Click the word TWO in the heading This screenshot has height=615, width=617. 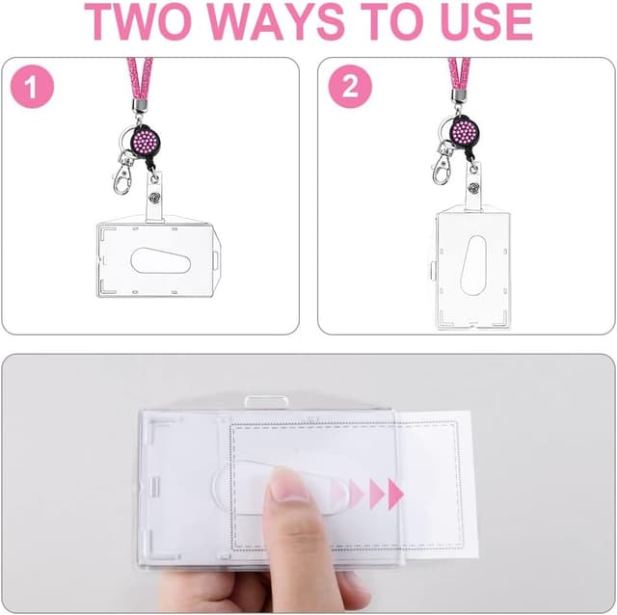click(136, 22)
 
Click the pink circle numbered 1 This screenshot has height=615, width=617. click(32, 87)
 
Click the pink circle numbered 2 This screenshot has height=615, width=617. click(350, 87)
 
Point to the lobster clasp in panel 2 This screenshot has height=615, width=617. click(442, 165)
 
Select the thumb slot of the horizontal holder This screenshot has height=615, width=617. click(160, 261)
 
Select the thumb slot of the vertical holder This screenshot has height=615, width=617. click(473, 266)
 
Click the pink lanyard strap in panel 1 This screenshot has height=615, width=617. click(140, 79)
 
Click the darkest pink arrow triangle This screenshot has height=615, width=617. click(395, 494)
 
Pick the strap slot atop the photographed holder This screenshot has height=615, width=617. click(266, 402)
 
